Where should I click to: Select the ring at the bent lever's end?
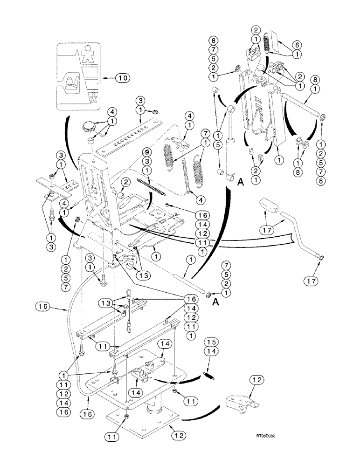(321, 256)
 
